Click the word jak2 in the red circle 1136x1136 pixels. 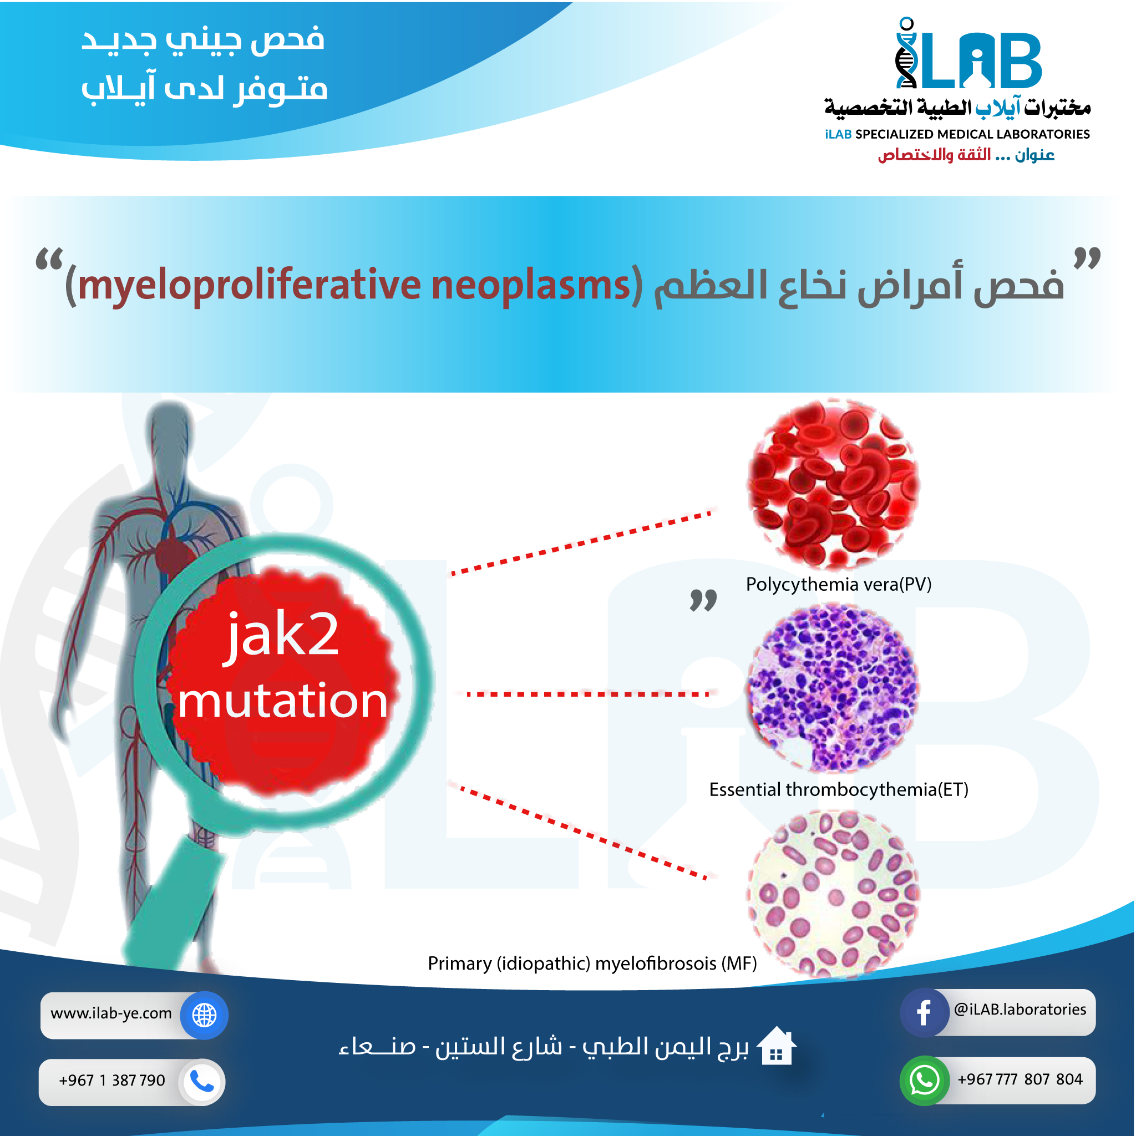pyautogui.click(x=282, y=637)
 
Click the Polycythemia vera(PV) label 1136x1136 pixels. pyautogui.click(x=839, y=585)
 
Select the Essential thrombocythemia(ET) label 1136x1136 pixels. pyautogui.click(x=839, y=789)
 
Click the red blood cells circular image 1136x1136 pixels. pyautogui.click(x=833, y=484)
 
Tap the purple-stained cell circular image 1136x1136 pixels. pyautogui.click(x=833, y=688)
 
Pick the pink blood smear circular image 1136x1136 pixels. pyautogui.click(x=833, y=894)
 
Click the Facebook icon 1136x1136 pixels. pyautogui.click(x=924, y=1012)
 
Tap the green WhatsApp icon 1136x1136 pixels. pyautogui.click(x=924, y=1081)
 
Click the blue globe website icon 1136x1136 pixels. pyautogui.click(x=204, y=1015)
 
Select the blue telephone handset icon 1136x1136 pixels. pyautogui.click(x=202, y=1082)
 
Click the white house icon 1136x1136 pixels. pyautogui.click(x=775, y=1046)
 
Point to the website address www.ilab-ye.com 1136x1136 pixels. pyautogui.click(x=111, y=1013)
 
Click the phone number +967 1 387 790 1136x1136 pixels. pyautogui.click(x=111, y=1080)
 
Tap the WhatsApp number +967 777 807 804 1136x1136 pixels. pyautogui.click(x=1020, y=1079)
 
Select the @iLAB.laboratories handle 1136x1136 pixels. pyautogui.click(x=1020, y=1009)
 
